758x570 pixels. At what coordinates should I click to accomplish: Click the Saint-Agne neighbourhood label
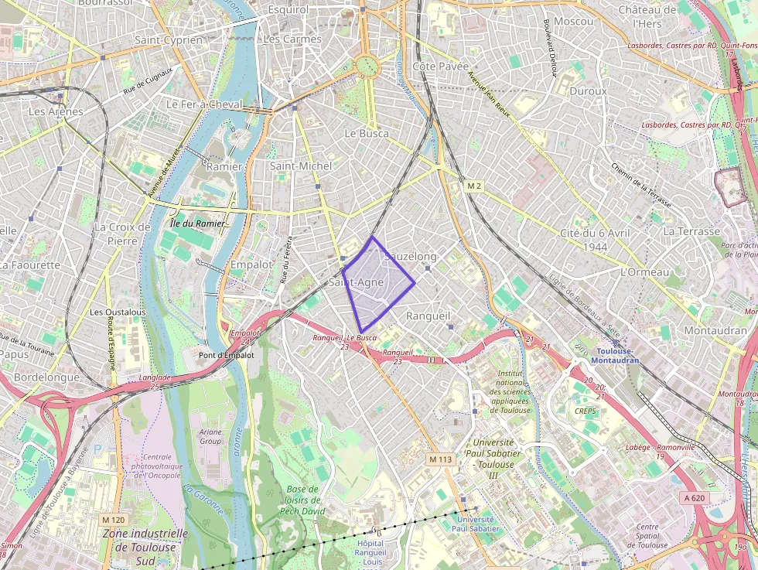pos(357,283)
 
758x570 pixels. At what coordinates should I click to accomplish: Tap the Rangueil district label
pos(428,316)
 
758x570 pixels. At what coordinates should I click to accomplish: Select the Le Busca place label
pos(366,133)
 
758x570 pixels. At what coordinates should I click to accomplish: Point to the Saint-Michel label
pos(301,166)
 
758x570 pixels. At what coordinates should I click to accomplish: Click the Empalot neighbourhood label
pos(251,265)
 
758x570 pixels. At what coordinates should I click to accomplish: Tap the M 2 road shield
pos(474,186)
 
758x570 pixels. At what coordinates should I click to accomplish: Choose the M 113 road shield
pos(440,459)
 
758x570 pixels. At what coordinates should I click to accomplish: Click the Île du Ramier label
pos(197,224)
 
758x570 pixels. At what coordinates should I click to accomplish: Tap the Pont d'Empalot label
pos(227,355)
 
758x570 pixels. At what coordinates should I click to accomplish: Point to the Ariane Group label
pos(210,437)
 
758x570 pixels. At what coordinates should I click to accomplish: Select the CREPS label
pos(586,411)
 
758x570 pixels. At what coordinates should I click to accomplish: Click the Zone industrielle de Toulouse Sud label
pos(145,541)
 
